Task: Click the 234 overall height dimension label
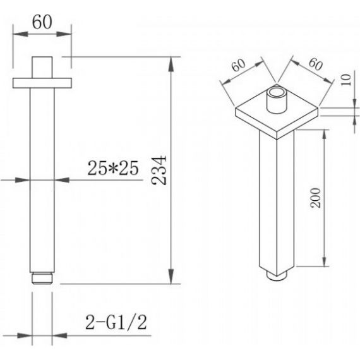click(x=159, y=171)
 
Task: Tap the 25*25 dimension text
click(x=113, y=168)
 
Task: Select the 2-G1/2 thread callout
click(x=116, y=322)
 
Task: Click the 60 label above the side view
click(x=42, y=22)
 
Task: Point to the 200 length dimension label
click(x=315, y=198)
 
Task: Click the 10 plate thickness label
click(x=346, y=80)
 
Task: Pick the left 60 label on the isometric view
click(x=238, y=65)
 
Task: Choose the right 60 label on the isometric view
click(x=316, y=64)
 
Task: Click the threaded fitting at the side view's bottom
click(x=42, y=278)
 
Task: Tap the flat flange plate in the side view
click(x=42, y=83)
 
